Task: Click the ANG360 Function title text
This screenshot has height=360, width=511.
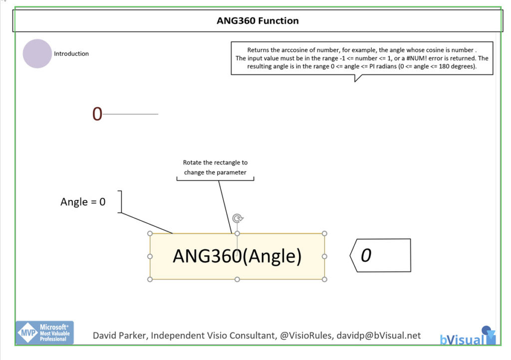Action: tap(257, 21)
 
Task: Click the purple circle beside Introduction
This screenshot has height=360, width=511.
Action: tap(37, 53)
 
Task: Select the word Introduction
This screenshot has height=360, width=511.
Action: tap(71, 54)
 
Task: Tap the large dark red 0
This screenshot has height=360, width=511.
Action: tap(97, 114)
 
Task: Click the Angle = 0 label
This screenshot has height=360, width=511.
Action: tap(83, 202)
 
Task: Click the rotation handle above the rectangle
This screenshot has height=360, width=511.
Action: tap(238, 218)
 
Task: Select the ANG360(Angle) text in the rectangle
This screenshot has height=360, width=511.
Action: tap(237, 256)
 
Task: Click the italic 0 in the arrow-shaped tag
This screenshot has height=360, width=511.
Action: tap(366, 255)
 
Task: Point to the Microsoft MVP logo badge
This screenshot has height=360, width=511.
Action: tap(44, 333)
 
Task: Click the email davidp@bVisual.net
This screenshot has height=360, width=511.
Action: tap(378, 336)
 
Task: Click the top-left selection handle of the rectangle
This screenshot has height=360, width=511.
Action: tap(150, 233)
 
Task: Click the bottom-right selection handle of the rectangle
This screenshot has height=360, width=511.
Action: tap(324, 279)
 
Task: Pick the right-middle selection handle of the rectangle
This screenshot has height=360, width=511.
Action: tap(324, 256)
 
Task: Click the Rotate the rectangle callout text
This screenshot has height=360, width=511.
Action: tap(215, 168)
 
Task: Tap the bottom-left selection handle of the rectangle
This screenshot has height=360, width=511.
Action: tap(150, 279)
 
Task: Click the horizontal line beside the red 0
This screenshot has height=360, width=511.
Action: tap(131, 114)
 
